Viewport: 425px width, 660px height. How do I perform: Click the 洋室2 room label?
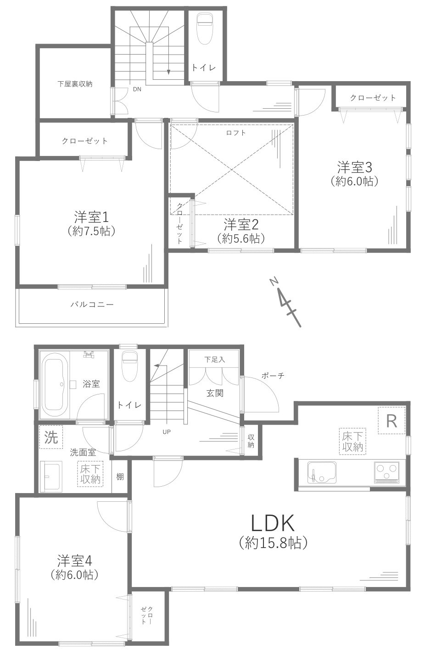241,225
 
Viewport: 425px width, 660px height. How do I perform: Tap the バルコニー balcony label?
92,304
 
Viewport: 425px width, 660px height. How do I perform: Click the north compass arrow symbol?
287,302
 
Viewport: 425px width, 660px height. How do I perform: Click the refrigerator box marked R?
391,421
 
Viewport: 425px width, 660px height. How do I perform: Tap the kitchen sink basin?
322,472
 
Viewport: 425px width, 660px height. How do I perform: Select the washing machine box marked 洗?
51,437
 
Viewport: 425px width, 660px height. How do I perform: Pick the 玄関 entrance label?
215,393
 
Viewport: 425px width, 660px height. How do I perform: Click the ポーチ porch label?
273,376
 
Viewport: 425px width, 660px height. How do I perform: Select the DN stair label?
137,89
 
